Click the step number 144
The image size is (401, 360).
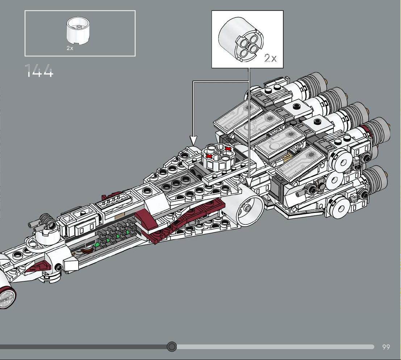tap(39, 70)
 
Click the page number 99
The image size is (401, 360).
tap(386, 347)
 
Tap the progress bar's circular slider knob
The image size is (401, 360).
tap(172, 347)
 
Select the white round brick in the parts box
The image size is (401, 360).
tap(78, 30)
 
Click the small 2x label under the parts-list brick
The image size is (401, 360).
tap(70, 48)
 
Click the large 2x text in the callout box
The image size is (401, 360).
tap(270, 58)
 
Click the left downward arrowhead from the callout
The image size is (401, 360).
tap(193, 140)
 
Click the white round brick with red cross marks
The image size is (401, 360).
tap(218, 157)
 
